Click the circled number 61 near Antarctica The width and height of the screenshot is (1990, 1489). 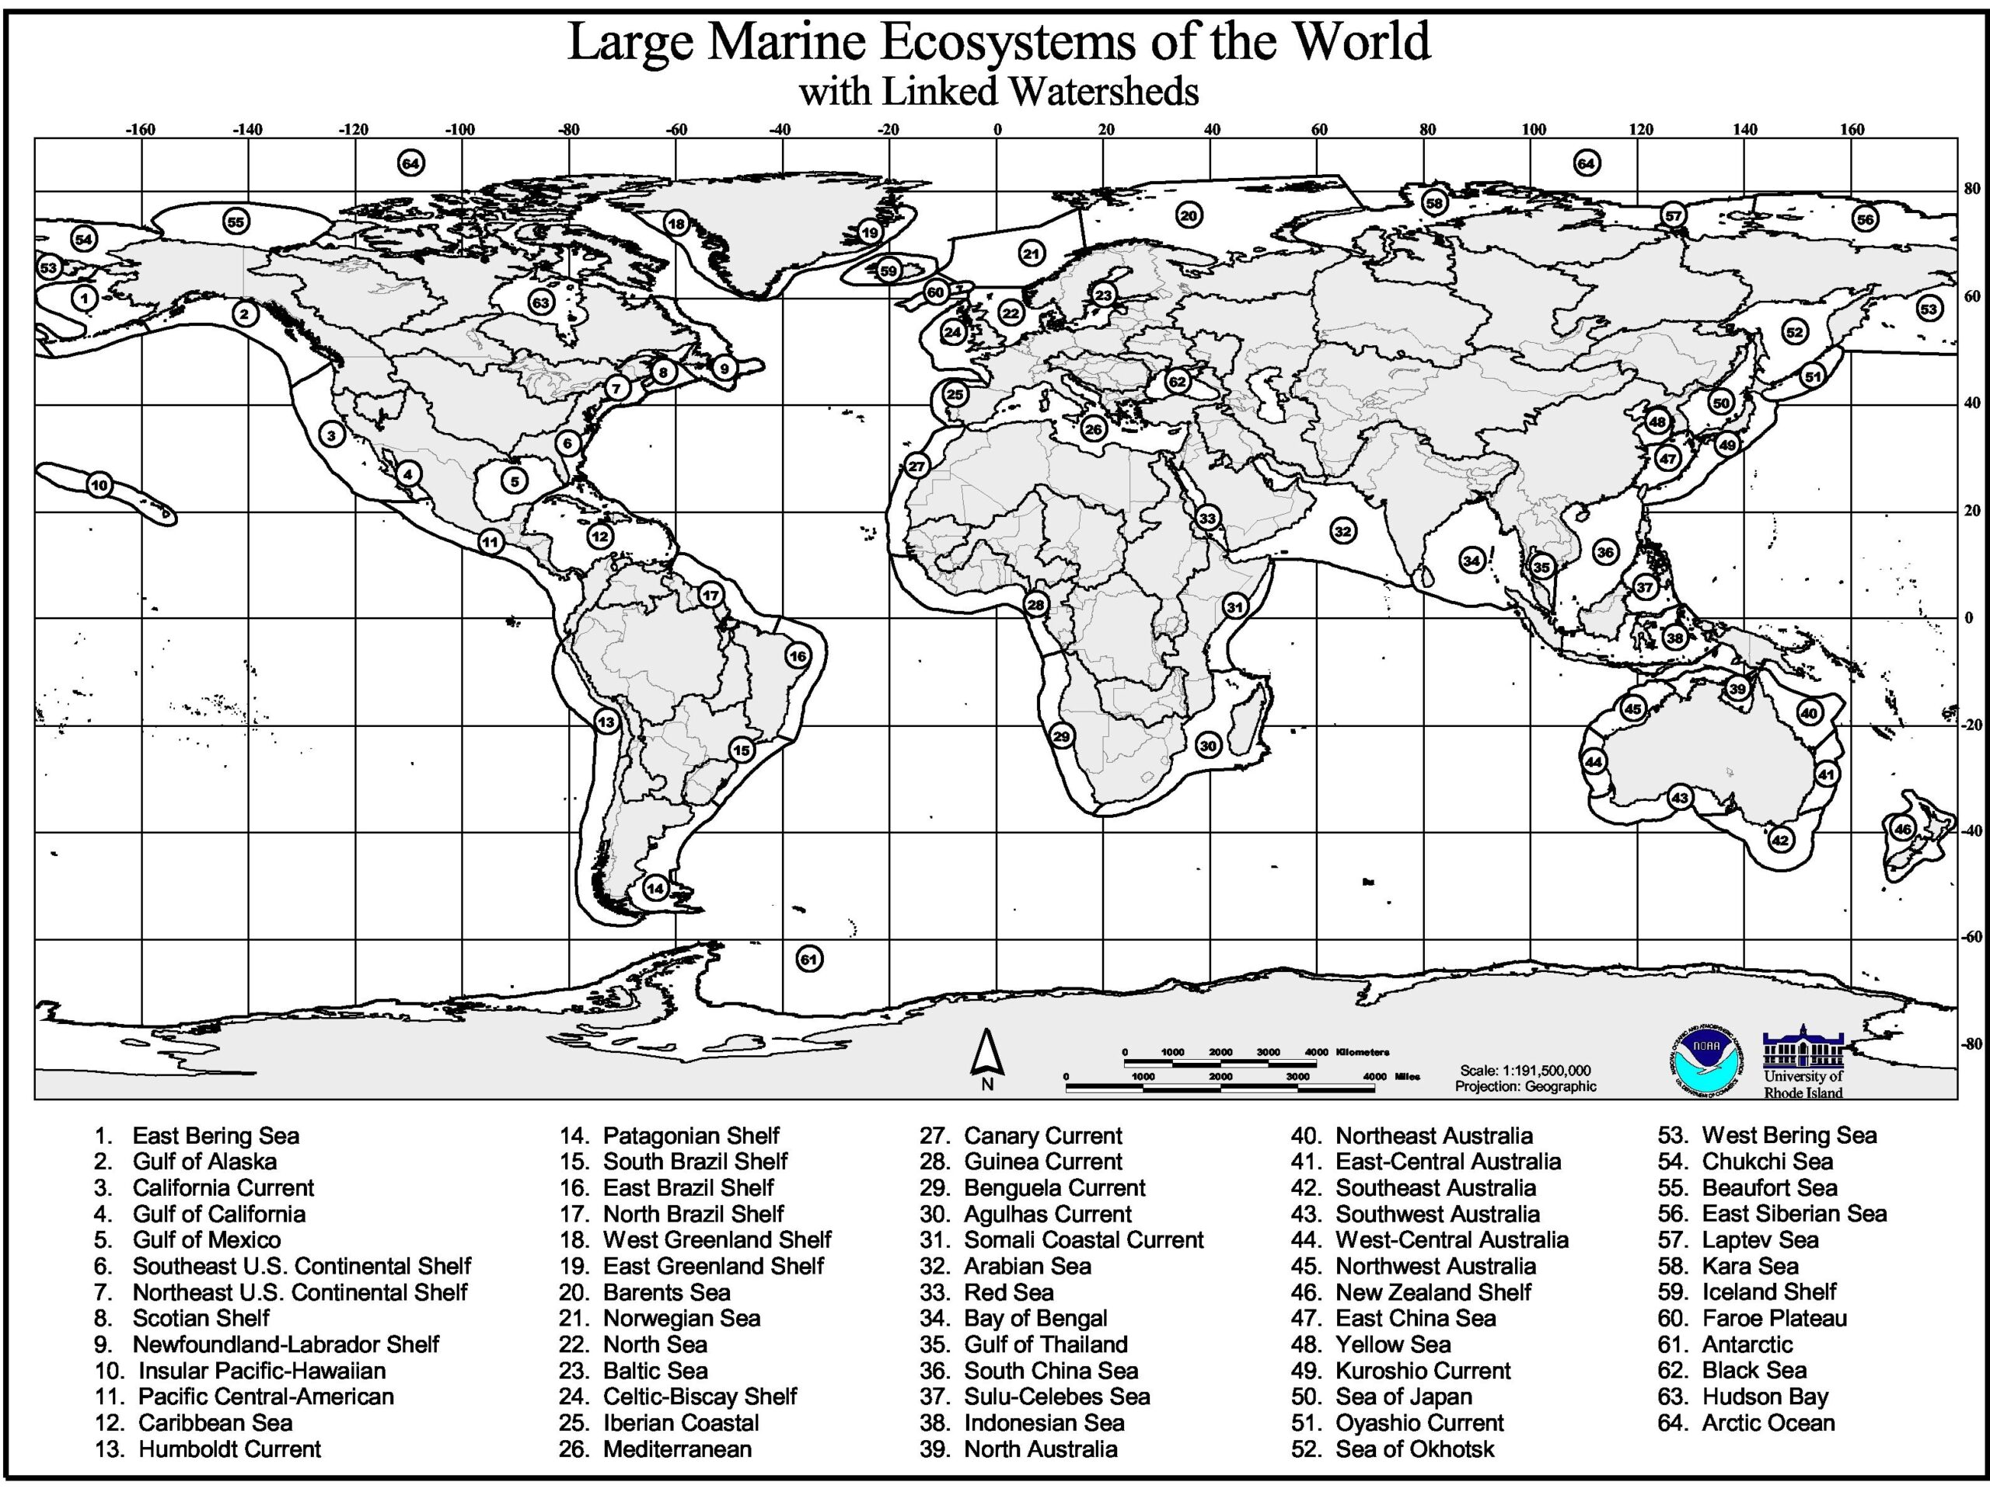(808, 959)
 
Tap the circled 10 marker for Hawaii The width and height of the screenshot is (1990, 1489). (99, 485)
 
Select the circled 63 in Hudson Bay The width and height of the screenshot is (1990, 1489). (541, 302)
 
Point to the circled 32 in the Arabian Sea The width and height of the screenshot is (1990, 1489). (1343, 532)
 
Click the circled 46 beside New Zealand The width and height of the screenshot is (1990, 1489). (1902, 830)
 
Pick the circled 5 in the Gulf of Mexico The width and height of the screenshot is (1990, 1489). (515, 481)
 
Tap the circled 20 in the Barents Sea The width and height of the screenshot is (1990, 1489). (1189, 216)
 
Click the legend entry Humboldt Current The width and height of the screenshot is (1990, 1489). (229, 1449)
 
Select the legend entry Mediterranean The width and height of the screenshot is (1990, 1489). (676, 1449)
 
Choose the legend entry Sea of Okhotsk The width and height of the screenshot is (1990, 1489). (1414, 1449)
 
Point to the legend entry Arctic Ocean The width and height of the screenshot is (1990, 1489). (1767, 1422)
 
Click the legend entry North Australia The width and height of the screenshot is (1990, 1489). (1040, 1449)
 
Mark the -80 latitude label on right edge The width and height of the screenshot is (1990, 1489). (1972, 1043)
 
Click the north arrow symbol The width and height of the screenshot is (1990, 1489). (987, 1055)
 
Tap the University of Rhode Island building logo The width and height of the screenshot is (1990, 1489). (1803, 1048)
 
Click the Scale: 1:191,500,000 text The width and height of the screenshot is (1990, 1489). (1525, 1071)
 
